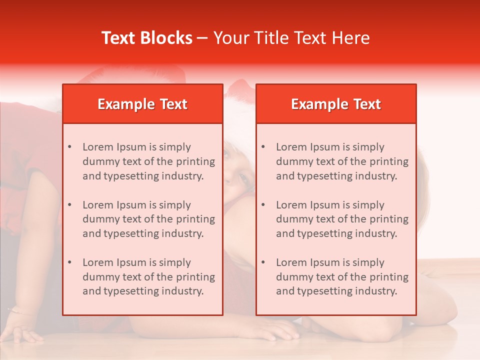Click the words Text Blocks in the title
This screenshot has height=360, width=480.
[x=147, y=38]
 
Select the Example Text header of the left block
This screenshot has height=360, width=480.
[x=142, y=104]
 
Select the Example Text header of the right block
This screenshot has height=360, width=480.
[x=336, y=104]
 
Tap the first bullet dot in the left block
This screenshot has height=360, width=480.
[x=69, y=147]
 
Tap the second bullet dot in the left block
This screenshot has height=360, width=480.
[x=69, y=205]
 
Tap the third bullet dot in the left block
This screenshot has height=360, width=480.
[x=69, y=262]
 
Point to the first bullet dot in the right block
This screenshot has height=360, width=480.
[x=263, y=147]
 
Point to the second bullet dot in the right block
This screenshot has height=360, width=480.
[x=263, y=205]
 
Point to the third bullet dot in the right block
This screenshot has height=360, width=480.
[x=263, y=262]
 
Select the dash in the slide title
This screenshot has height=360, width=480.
[x=202, y=38]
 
